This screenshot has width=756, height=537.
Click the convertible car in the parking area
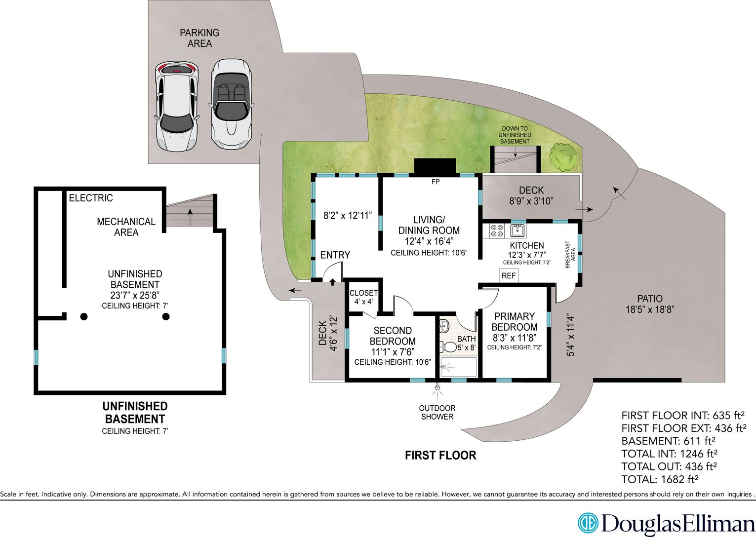pos(231,104)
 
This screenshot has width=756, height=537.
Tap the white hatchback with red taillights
pos(176,106)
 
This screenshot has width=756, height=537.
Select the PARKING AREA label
pos(199,38)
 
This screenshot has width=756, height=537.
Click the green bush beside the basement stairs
pos(562,157)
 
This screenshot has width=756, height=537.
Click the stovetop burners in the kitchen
pos(497,230)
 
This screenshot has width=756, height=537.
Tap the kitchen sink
pos(517,230)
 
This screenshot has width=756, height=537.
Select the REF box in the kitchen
pos(509,275)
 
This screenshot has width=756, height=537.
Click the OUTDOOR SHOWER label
pos(437,412)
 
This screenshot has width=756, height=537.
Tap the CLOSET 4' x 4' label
pos(363,297)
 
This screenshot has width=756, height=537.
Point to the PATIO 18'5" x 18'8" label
pos(650,304)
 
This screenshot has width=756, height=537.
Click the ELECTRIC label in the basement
pos(91,198)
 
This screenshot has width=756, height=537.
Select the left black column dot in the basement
pos(84,316)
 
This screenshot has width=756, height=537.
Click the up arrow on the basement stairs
pos(190,217)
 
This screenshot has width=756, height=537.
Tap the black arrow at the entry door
pos(332,282)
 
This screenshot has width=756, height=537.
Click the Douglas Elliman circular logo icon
pos(588,523)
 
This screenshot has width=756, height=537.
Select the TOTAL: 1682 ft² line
pos(660,479)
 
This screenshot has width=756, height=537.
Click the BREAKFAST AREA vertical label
pos(570,254)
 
